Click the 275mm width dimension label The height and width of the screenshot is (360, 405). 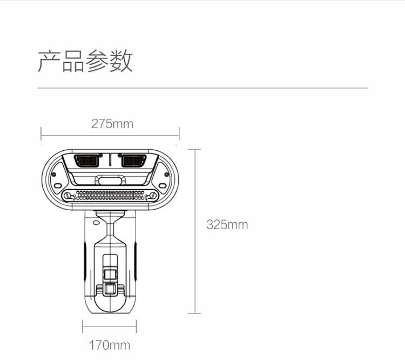pyautogui.click(x=112, y=124)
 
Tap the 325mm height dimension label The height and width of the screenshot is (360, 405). pyautogui.click(x=227, y=225)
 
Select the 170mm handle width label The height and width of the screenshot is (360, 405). pyautogui.click(x=110, y=345)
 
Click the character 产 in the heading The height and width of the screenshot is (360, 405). pyautogui.click(x=49, y=61)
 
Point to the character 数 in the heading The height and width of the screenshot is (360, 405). pyautogui.click(x=122, y=61)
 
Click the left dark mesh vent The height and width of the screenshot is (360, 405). pyautogui.click(x=87, y=161)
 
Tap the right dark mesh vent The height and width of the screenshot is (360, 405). pyautogui.click(x=133, y=161)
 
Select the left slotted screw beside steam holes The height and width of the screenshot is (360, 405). pyautogui.click(x=67, y=195)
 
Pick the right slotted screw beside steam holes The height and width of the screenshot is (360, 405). pyautogui.click(x=153, y=195)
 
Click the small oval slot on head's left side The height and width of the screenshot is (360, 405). pyautogui.click(x=58, y=186)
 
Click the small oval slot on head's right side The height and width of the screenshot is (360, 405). pyautogui.click(x=162, y=186)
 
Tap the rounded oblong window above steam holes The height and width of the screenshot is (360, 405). pyautogui.click(x=110, y=180)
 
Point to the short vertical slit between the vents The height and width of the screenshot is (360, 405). pyautogui.click(x=110, y=160)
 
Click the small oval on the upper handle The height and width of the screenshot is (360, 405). pyautogui.click(x=96, y=222)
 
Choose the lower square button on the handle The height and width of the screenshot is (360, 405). pyautogui.click(x=110, y=289)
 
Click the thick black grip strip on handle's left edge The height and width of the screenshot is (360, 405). pyautogui.click(x=84, y=261)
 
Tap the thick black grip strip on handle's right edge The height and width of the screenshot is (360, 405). pyautogui.click(x=135, y=261)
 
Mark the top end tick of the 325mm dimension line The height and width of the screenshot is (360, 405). pyautogui.click(x=194, y=150)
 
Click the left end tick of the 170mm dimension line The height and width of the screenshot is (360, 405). pyautogui.click(x=83, y=326)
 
